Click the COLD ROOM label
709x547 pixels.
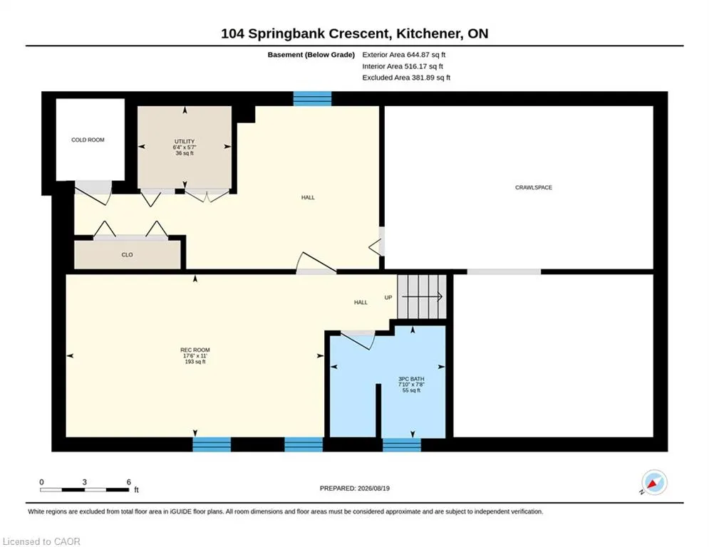(x=88, y=140)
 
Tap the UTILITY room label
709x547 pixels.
(x=185, y=142)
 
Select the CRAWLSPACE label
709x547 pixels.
(x=534, y=187)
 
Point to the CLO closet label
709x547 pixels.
(x=127, y=255)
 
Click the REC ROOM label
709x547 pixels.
(x=195, y=350)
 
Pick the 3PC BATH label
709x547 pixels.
(x=411, y=379)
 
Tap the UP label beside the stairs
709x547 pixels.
(x=388, y=298)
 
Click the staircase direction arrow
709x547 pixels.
(x=422, y=296)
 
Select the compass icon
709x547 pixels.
(x=654, y=482)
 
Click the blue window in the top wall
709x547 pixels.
(x=312, y=98)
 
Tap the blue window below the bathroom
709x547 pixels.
(x=401, y=445)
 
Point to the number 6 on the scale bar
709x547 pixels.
(x=129, y=482)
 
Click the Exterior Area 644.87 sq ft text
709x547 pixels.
(x=404, y=55)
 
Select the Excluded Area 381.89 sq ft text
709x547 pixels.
(x=406, y=78)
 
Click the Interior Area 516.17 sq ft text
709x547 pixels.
(x=403, y=66)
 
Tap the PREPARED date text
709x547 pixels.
(x=355, y=488)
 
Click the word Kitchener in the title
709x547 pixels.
(x=429, y=33)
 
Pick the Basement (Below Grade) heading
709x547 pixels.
(x=311, y=55)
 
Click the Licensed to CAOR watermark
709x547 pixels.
(x=41, y=541)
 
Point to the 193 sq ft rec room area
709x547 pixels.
(x=195, y=362)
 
